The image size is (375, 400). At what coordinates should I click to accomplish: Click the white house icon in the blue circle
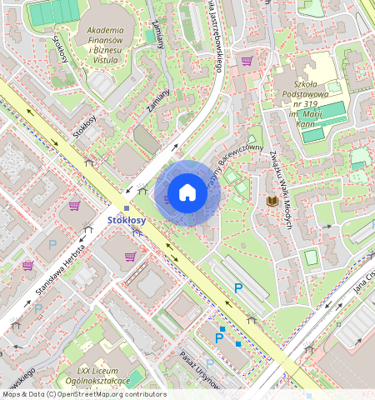(x=187, y=193)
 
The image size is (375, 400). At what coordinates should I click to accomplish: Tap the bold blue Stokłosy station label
(x=127, y=221)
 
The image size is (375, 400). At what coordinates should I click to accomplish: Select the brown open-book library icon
(x=272, y=201)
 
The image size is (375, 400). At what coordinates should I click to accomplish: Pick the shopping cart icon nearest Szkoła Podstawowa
(x=247, y=60)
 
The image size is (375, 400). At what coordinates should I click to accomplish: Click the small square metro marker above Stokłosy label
(x=127, y=208)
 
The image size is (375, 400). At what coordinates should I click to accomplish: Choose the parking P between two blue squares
(x=220, y=337)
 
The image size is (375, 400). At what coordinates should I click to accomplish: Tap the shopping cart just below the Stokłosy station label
(x=130, y=256)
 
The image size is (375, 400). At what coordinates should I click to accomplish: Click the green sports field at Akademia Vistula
(x=52, y=12)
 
